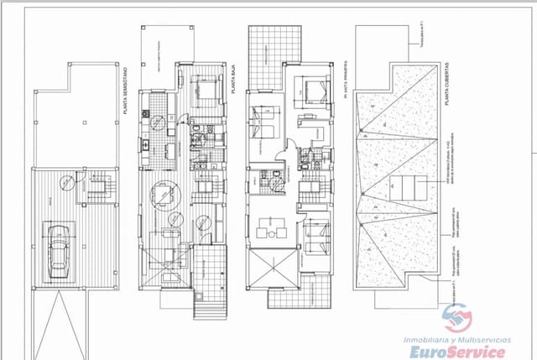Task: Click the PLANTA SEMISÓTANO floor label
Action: coord(123,93)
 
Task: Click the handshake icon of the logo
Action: coord(457,318)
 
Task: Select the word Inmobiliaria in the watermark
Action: coord(429,337)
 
